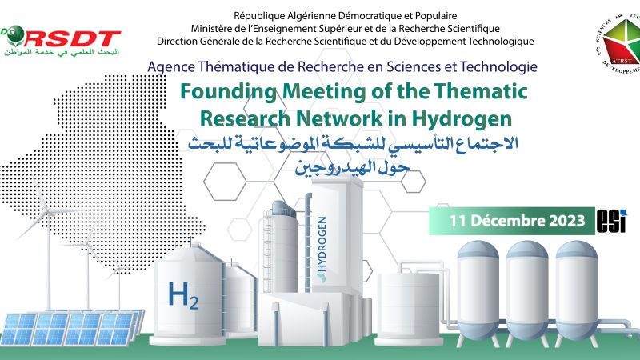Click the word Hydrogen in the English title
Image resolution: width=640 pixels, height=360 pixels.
466,118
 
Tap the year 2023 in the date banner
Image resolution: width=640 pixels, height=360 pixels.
566,218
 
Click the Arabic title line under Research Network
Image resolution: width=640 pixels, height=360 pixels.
352,144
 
